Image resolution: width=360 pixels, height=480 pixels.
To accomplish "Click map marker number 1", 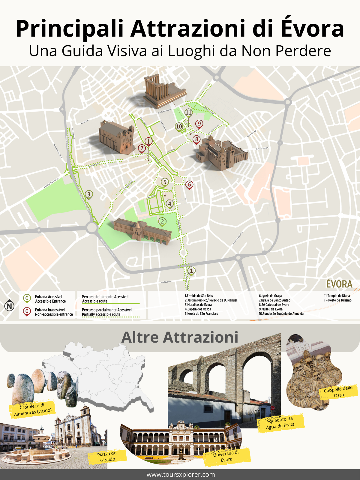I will [191, 271].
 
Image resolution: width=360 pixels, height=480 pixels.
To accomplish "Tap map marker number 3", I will [89, 194].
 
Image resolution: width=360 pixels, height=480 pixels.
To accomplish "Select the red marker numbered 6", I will [189, 184].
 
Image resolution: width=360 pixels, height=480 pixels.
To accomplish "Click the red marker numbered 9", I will [199, 124].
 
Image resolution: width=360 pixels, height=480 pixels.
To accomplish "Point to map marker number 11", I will [188, 112].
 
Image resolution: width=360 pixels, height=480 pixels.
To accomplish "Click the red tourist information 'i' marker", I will [148, 141].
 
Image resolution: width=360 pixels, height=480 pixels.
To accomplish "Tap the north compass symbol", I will [10, 306].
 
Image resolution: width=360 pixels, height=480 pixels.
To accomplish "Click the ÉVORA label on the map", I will [339, 284].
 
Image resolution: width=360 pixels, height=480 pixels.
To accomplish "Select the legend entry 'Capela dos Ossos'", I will [198, 309].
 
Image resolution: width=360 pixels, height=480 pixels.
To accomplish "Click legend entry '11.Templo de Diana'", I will [337, 296].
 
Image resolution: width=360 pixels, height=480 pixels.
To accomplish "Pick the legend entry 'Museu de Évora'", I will [271, 309].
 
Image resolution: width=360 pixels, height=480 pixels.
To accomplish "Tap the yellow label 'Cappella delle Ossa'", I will [338, 392].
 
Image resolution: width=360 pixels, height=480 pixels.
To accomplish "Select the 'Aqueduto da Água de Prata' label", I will [280, 423].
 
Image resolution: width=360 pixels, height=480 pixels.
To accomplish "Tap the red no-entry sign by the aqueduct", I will [273, 408].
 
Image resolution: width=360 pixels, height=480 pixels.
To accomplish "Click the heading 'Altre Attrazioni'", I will [180, 337].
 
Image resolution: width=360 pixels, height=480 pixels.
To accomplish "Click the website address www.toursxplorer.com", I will [181, 475].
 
